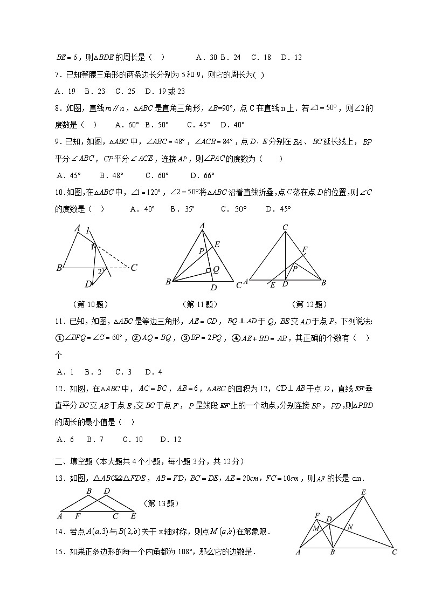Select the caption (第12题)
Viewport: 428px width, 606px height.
click(309, 304)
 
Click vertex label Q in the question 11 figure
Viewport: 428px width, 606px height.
click(215, 269)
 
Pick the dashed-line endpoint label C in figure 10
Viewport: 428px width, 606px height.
click(134, 267)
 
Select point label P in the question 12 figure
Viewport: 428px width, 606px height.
click(295, 267)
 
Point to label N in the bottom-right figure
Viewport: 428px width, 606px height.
click(350, 527)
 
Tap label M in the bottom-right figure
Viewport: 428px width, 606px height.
click(316, 528)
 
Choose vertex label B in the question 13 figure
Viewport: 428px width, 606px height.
click(89, 491)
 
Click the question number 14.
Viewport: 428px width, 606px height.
click(60, 532)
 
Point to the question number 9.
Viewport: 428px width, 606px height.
click(60, 142)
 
